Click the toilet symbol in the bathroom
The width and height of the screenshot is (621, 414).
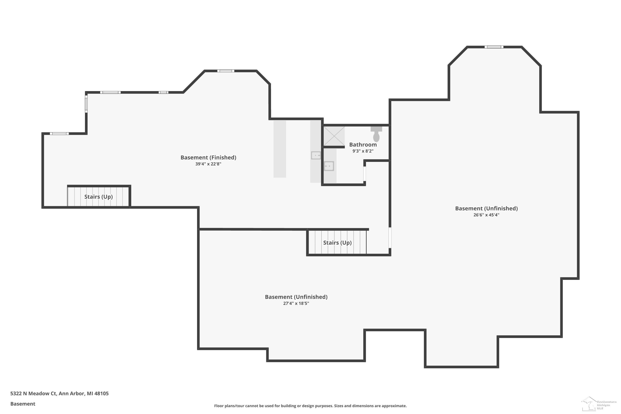tap(376, 134)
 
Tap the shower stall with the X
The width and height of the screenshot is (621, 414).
tap(334, 136)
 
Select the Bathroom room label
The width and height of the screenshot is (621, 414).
tap(363, 145)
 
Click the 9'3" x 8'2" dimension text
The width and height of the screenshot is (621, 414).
tap(363, 151)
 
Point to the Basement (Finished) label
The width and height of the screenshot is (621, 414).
tap(208, 158)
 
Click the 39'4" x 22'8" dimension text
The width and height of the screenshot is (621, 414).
tap(208, 164)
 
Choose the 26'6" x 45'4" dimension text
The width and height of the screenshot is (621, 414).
tap(486, 215)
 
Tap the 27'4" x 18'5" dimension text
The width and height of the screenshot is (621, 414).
tap(296, 303)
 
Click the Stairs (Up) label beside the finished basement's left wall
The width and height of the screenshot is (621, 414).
tap(99, 197)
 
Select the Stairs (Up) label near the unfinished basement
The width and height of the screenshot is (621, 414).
tap(337, 243)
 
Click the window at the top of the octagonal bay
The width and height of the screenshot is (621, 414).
tap(494, 47)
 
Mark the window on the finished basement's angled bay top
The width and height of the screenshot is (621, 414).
tap(226, 71)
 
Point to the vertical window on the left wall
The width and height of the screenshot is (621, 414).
tap(86, 104)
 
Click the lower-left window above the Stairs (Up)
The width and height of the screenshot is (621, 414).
tap(59, 134)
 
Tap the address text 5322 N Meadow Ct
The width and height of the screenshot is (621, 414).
tap(33, 394)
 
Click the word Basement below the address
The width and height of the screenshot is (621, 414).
tap(23, 404)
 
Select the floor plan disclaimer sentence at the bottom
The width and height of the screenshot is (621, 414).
tap(310, 406)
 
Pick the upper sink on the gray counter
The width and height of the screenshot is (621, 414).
tap(316, 155)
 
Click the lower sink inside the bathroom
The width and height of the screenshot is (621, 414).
tap(329, 166)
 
